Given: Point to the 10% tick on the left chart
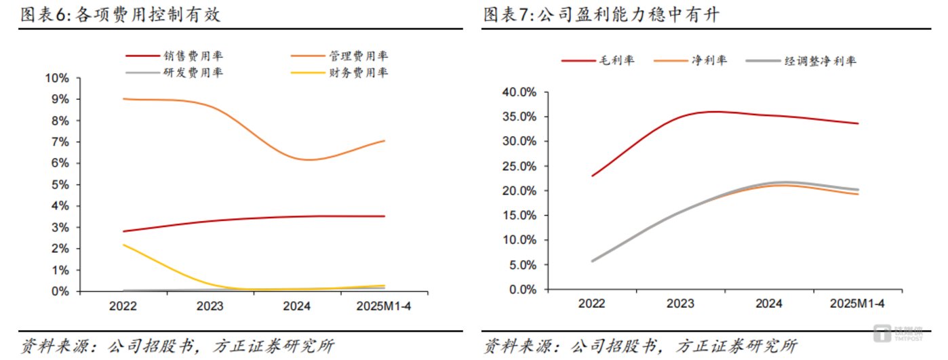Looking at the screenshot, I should [57, 78].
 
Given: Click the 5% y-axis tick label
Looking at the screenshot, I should [60, 184].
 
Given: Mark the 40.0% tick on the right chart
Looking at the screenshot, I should [519, 92].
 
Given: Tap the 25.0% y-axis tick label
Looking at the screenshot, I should [519, 166].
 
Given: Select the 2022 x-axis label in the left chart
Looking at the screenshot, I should [123, 306].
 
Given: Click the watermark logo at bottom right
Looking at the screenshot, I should [898, 333].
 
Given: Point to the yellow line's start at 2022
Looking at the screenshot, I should [123, 245].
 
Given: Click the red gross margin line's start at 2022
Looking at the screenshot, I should [592, 176].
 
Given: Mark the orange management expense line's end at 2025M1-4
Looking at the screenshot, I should [384, 140].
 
